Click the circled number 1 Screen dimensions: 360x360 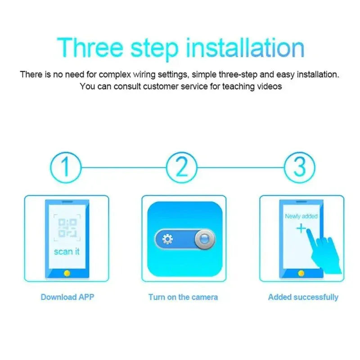tap(65, 167)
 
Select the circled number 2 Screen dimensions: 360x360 tap(182, 167)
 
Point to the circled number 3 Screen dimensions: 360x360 tap(299, 167)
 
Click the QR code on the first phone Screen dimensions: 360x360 tap(67, 228)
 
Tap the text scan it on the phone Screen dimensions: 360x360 tap(67, 252)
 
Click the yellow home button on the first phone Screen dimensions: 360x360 tap(67, 273)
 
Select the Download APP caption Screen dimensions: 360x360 tap(67, 297)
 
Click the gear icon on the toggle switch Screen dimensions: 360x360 tap(167, 239)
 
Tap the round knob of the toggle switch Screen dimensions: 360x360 tap(204, 239)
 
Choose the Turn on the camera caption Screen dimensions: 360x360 tap(183, 297)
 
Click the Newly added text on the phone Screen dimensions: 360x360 tap(301, 216)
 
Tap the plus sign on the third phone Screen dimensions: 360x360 tap(301, 229)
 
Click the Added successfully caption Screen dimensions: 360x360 tap(303, 297)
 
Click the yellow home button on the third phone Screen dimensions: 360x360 tap(301, 273)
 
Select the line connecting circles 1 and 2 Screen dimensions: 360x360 tap(124, 167)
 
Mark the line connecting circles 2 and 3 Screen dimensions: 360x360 tap(241, 167)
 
